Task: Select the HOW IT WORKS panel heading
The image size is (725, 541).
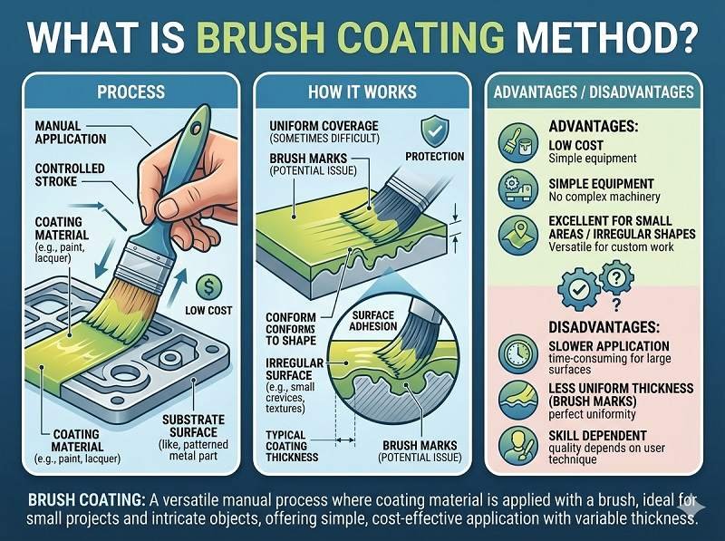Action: (x=362, y=92)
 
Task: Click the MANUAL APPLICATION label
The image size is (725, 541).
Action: (x=71, y=133)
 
